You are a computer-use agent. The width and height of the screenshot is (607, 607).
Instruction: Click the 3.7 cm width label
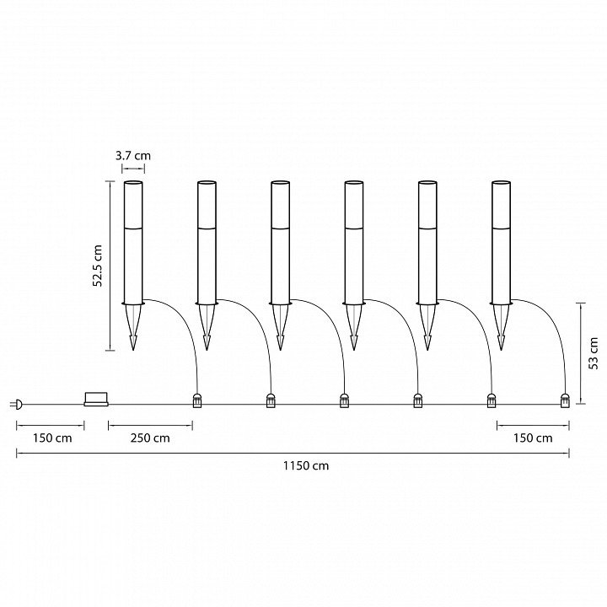click(133, 156)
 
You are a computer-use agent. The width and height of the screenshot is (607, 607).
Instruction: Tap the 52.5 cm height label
click(98, 266)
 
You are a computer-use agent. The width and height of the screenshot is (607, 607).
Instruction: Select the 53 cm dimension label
click(593, 353)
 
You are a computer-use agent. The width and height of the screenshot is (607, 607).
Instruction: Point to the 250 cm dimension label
click(150, 438)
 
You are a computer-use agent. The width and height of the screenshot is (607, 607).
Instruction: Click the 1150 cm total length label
click(306, 465)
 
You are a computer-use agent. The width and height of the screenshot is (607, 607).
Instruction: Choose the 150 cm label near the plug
click(52, 438)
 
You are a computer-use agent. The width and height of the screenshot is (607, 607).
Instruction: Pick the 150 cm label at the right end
click(533, 438)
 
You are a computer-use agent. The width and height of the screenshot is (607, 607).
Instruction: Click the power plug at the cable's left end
click(17, 405)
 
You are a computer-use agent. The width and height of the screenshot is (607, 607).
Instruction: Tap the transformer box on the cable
click(96, 399)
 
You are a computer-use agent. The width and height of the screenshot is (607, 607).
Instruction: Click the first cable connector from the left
click(197, 400)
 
